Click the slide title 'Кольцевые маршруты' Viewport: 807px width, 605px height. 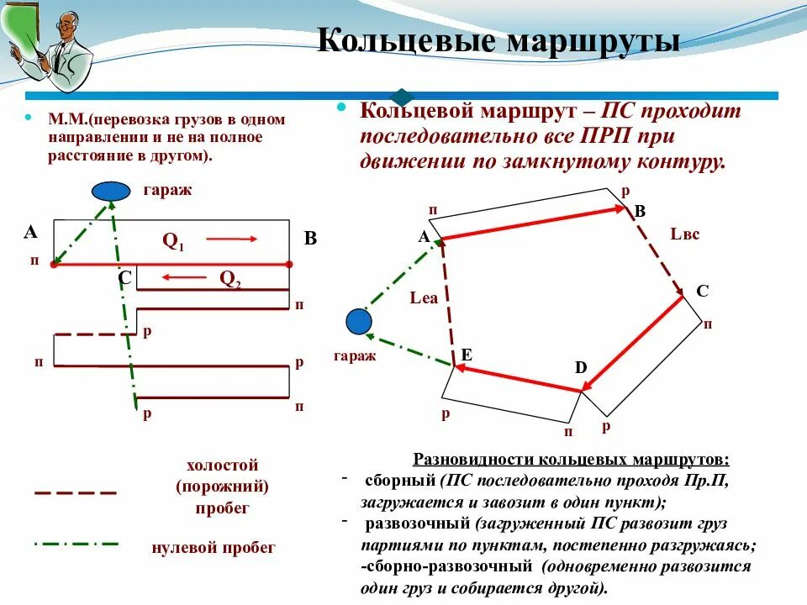(498, 41)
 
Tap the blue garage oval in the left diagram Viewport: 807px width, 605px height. (110, 192)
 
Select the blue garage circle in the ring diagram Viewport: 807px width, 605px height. (359, 321)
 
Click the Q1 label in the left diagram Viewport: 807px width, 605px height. (173, 241)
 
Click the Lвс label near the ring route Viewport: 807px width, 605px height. (684, 234)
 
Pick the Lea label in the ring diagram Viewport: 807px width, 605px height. (424, 297)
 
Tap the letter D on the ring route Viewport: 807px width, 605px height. (581, 367)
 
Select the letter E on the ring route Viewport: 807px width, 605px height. (465, 355)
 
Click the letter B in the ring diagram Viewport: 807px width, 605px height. (639, 212)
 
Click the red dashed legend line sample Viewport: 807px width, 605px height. (75, 492)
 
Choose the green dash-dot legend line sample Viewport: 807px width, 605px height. (75, 544)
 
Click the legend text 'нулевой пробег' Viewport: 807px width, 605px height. (214, 548)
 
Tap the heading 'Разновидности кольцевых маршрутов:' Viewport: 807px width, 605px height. (572, 460)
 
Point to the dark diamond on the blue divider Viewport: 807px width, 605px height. (403, 96)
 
